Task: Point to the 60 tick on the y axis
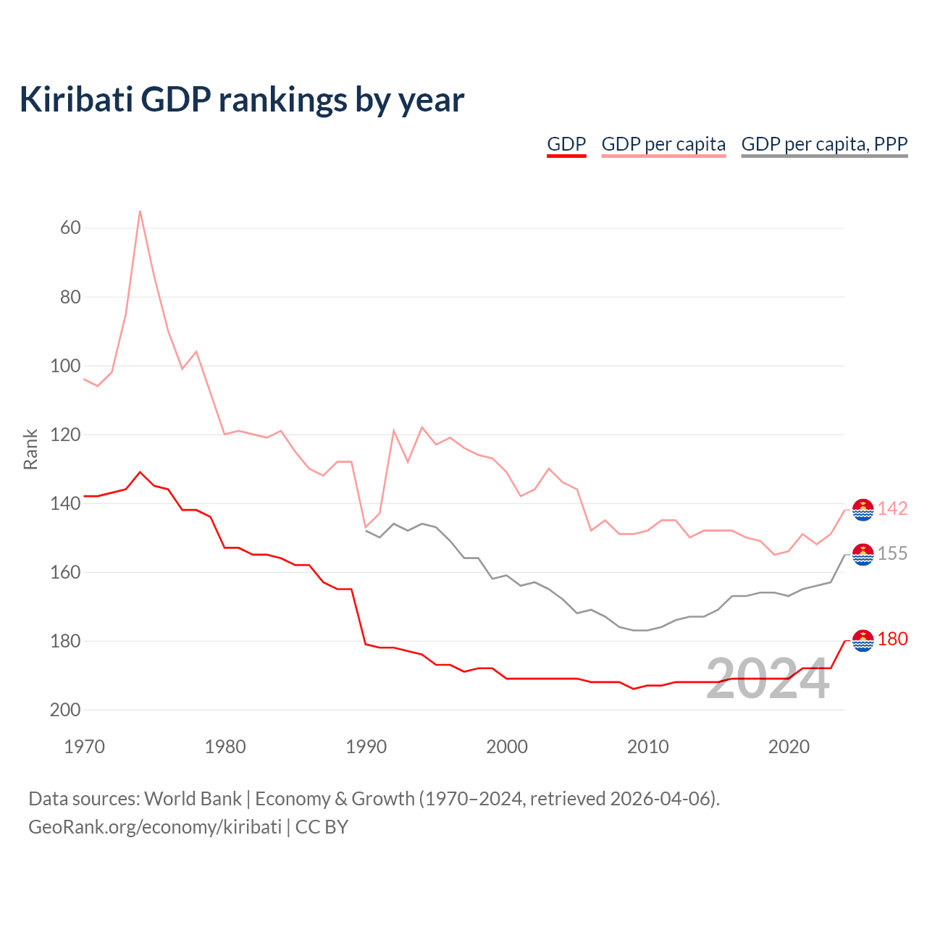(x=70, y=227)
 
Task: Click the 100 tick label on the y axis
(x=65, y=366)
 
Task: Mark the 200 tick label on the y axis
(x=65, y=710)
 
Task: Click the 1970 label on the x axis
(x=84, y=747)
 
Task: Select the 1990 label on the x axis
(x=366, y=747)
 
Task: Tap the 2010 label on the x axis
(x=647, y=747)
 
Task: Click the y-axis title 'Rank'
(x=30, y=449)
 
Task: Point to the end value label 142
(x=892, y=508)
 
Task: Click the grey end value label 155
(x=892, y=553)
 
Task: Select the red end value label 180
(x=892, y=639)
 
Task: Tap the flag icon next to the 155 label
(x=863, y=555)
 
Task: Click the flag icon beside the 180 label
(x=863, y=641)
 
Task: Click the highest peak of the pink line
(x=140, y=211)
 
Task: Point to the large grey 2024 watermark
(x=767, y=679)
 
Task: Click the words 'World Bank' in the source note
(x=193, y=799)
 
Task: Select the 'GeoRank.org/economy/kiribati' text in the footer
(x=155, y=827)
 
